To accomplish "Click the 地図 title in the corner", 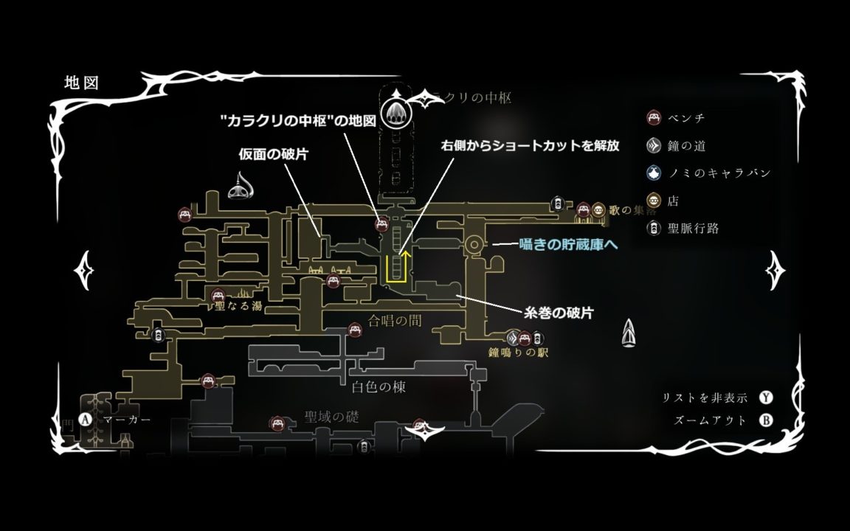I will (81, 82).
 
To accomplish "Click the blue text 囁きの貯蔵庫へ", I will (568, 243).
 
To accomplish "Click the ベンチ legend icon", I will (653, 117).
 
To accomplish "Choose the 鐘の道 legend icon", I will (653, 145).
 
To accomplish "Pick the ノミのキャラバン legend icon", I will (653, 173).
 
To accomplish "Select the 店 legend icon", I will (653, 201).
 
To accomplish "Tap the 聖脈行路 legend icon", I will (653, 229).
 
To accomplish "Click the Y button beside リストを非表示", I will (767, 398).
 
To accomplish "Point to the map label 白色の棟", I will (379, 386).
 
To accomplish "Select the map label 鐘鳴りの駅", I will (517, 353).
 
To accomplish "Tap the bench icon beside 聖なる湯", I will (217, 296).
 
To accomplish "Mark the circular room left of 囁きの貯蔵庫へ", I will (474, 243).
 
